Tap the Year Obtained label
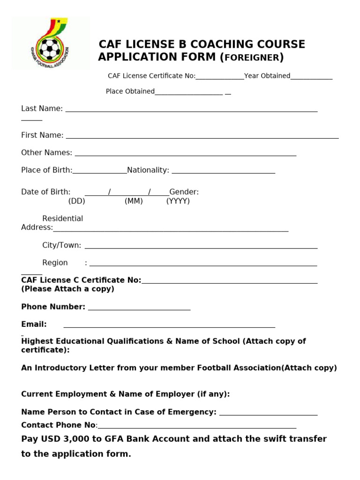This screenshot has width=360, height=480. click(x=267, y=76)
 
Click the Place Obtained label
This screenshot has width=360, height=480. click(x=130, y=91)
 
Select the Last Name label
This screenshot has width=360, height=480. click(x=42, y=109)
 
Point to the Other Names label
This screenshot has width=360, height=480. click(x=46, y=153)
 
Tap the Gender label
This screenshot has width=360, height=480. click(x=184, y=192)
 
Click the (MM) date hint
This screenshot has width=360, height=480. click(x=134, y=201)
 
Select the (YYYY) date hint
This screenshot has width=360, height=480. click(x=178, y=201)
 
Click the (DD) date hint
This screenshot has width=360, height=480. click(x=76, y=201)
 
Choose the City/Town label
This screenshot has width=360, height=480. click(x=61, y=245)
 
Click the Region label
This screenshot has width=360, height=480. click(x=55, y=262)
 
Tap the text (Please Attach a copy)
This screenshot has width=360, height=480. click(x=67, y=289)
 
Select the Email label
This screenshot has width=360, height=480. click(x=34, y=324)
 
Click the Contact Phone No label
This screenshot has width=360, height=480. click(x=58, y=425)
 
